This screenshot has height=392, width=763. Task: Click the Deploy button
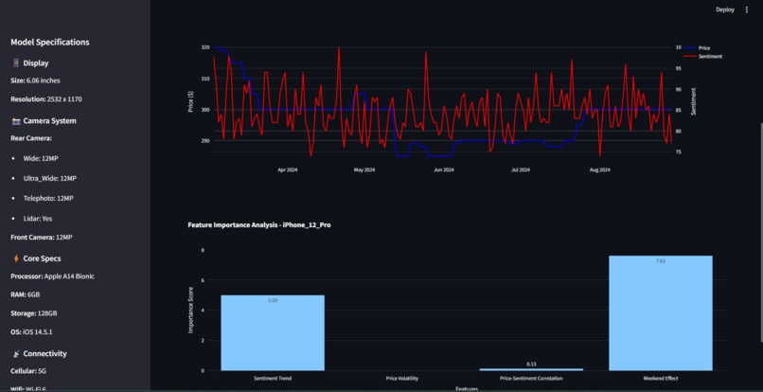pos(724,9)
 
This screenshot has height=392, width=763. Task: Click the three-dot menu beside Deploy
pos(747,9)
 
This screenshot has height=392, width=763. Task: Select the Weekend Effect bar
pos(661,312)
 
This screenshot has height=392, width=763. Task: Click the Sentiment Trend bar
pos(273,332)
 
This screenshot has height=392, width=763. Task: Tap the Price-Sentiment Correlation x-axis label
pos(531,379)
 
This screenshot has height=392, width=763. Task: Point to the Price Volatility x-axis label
pos(402,379)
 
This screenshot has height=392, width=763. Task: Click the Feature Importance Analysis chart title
pos(259,225)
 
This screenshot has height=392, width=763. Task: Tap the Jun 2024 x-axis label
pos(443,170)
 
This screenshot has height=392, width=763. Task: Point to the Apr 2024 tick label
pos(288,170)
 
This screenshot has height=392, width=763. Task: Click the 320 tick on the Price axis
pos(205,47)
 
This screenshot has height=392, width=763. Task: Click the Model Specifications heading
pos(50,43)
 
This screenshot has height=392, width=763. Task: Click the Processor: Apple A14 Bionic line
pos(52,276)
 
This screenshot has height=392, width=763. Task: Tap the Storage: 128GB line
pos(34,313)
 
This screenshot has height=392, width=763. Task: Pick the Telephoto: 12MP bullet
pos(47,199)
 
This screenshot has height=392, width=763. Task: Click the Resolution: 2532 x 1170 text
pos(46,99)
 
